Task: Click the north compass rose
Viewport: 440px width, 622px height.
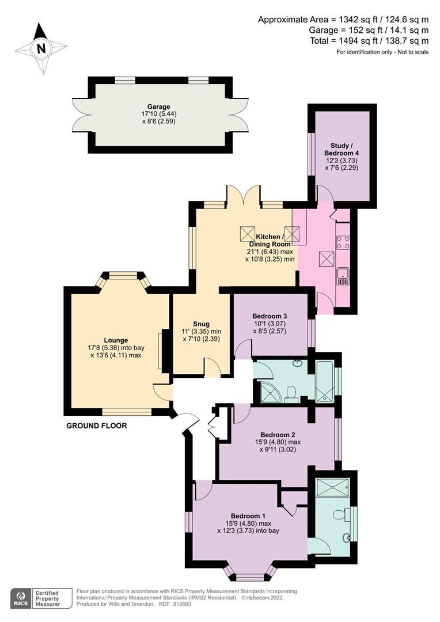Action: [40, 49]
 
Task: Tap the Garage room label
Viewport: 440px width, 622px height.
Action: [158, 107]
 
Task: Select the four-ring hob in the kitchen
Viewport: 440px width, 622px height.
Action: [343, 242]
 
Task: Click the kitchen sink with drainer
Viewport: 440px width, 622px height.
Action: [343, 276]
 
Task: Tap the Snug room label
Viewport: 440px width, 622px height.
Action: [202, 323]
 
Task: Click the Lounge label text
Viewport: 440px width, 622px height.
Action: [116, 340]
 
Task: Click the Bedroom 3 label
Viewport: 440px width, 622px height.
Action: [270, 316]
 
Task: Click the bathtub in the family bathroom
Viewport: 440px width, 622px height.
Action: [325, 381]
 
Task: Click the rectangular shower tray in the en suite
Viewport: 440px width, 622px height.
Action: [332, 487]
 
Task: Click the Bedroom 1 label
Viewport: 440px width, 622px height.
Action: [248, 515]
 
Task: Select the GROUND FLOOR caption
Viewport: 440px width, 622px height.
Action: [96, 426]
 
